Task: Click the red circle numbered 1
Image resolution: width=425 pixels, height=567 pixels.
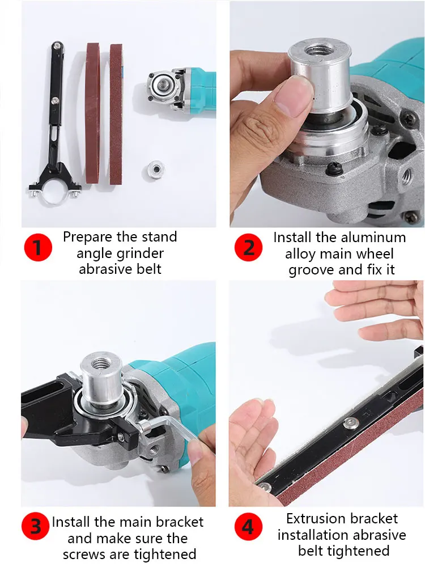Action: [x=37, y=248]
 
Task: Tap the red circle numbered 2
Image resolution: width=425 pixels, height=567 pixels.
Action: [x=249, y=248]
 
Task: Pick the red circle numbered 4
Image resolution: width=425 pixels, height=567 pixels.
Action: [x=248, y=527]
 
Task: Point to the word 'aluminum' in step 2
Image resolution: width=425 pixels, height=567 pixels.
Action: [x=377, y=237]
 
